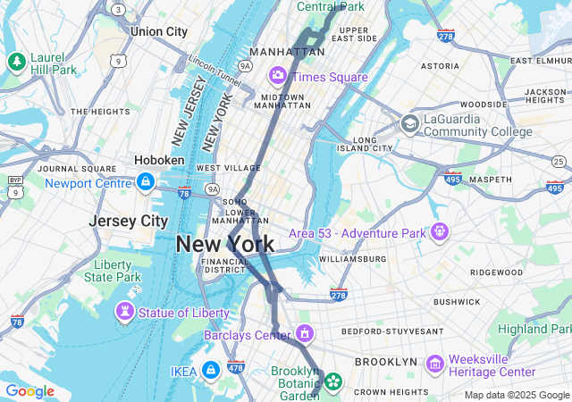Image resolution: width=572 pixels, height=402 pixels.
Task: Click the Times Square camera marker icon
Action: coord(278,75)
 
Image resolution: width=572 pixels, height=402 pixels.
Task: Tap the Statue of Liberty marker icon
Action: coord(125,312)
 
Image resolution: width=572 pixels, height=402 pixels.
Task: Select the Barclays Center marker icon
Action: coord(305,334)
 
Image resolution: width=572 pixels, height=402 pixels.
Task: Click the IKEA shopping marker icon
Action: coord(210,369)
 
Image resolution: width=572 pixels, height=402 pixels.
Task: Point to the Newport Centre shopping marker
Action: coord(145,183)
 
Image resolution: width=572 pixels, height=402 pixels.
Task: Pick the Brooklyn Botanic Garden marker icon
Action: coord(332,382)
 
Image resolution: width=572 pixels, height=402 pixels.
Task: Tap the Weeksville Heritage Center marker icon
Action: coord(435,364)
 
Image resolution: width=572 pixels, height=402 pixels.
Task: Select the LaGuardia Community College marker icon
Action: coord(410,123)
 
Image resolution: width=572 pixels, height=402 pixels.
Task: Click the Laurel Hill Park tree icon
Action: coord(15,62)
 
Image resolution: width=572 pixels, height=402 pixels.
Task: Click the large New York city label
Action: coord(224,244)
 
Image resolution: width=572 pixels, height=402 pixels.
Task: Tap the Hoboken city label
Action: coord(159,160)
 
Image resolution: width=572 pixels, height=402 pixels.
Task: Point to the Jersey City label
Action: coord(129,220)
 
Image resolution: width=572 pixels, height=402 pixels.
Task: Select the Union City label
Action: coord(158,31)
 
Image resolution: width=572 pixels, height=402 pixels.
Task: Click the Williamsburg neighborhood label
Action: coord(352,259)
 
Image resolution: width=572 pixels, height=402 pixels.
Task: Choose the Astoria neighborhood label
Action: coord(440,65)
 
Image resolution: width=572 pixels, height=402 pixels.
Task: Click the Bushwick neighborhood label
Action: coord(457,302)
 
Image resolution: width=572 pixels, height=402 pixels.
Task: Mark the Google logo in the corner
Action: coord(29,391)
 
